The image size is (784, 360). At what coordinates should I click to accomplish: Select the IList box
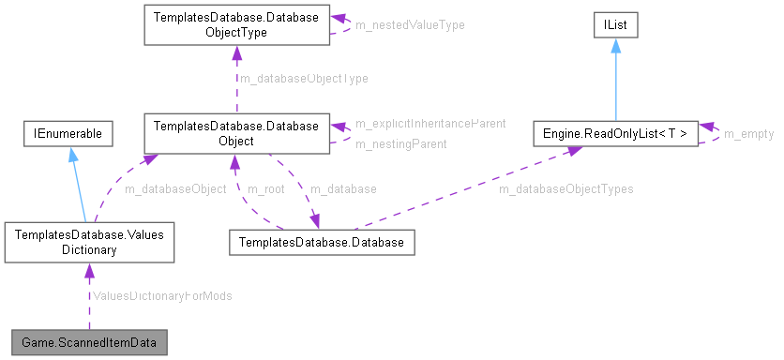click(x=614, y=25)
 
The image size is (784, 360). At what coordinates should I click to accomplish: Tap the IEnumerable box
click(x=68, y=133)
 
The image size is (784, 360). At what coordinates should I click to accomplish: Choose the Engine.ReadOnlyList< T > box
click(x=615, y=133)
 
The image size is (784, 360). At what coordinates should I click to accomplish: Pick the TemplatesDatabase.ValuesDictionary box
click(x=89, y=241)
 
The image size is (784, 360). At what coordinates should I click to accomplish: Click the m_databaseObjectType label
click(x=304, y=79)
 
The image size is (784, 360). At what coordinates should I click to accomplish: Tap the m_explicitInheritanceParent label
click(x=430, y=123)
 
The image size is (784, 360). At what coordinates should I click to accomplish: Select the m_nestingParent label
click(x=400, y=143)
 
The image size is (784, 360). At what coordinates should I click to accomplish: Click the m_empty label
click(x=748, y=134)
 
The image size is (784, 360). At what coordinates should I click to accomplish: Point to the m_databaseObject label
click(x=175, y=188)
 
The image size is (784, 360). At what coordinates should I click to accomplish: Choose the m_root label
click(x=265, y=188)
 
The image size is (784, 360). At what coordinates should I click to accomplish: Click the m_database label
click(x=342, y=188)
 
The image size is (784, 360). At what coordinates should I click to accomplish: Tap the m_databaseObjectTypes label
click(x=565, y=188)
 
